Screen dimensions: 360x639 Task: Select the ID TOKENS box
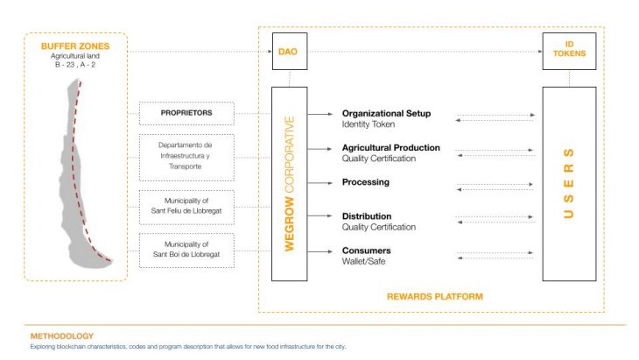tap(569, 52)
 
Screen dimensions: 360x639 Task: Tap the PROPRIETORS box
tap(186, 113)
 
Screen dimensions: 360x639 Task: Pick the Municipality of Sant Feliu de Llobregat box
tap(186, 207)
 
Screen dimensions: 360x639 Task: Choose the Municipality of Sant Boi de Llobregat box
tap(186, 250)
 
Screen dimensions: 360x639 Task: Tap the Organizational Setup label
tap(386, 114)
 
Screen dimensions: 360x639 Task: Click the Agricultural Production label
tap(390, 148)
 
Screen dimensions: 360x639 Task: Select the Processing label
tap(366, 182)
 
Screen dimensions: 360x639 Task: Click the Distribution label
tap(367, 216)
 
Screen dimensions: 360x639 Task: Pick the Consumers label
tap(366, 251)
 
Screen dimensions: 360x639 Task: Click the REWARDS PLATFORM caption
tap(435, 296)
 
